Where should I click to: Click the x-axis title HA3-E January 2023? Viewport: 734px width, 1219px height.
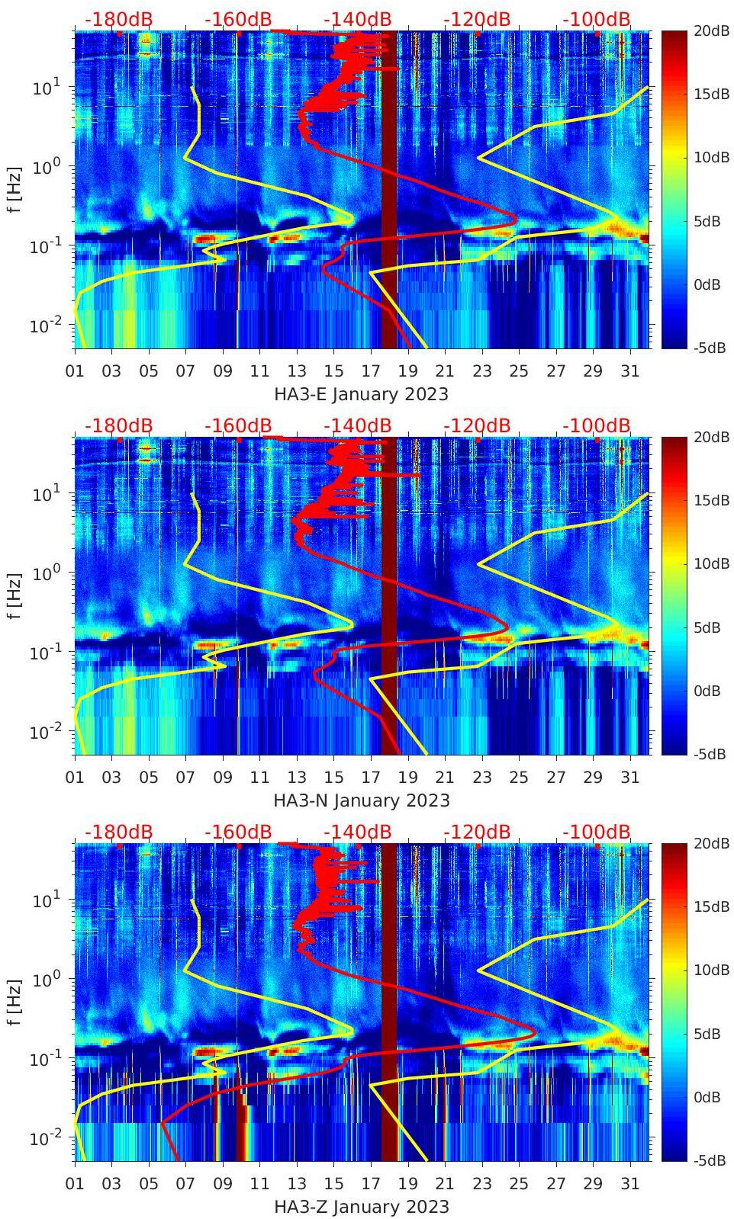361,394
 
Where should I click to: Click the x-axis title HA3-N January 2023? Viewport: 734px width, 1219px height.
361,800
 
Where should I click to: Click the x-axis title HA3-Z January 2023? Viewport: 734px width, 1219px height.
361,1207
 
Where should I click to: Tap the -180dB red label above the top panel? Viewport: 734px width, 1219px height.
118,19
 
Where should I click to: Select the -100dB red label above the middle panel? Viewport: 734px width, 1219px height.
597,425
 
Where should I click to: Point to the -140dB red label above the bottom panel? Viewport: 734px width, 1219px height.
357,832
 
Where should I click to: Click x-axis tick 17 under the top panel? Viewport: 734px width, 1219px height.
371,371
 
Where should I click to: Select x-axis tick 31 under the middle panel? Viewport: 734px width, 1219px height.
629,778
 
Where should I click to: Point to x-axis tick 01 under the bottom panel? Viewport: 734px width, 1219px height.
75,1184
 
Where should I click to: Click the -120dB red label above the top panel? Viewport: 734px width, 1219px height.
477,19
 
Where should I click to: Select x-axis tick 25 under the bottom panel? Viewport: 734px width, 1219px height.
519,1184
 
